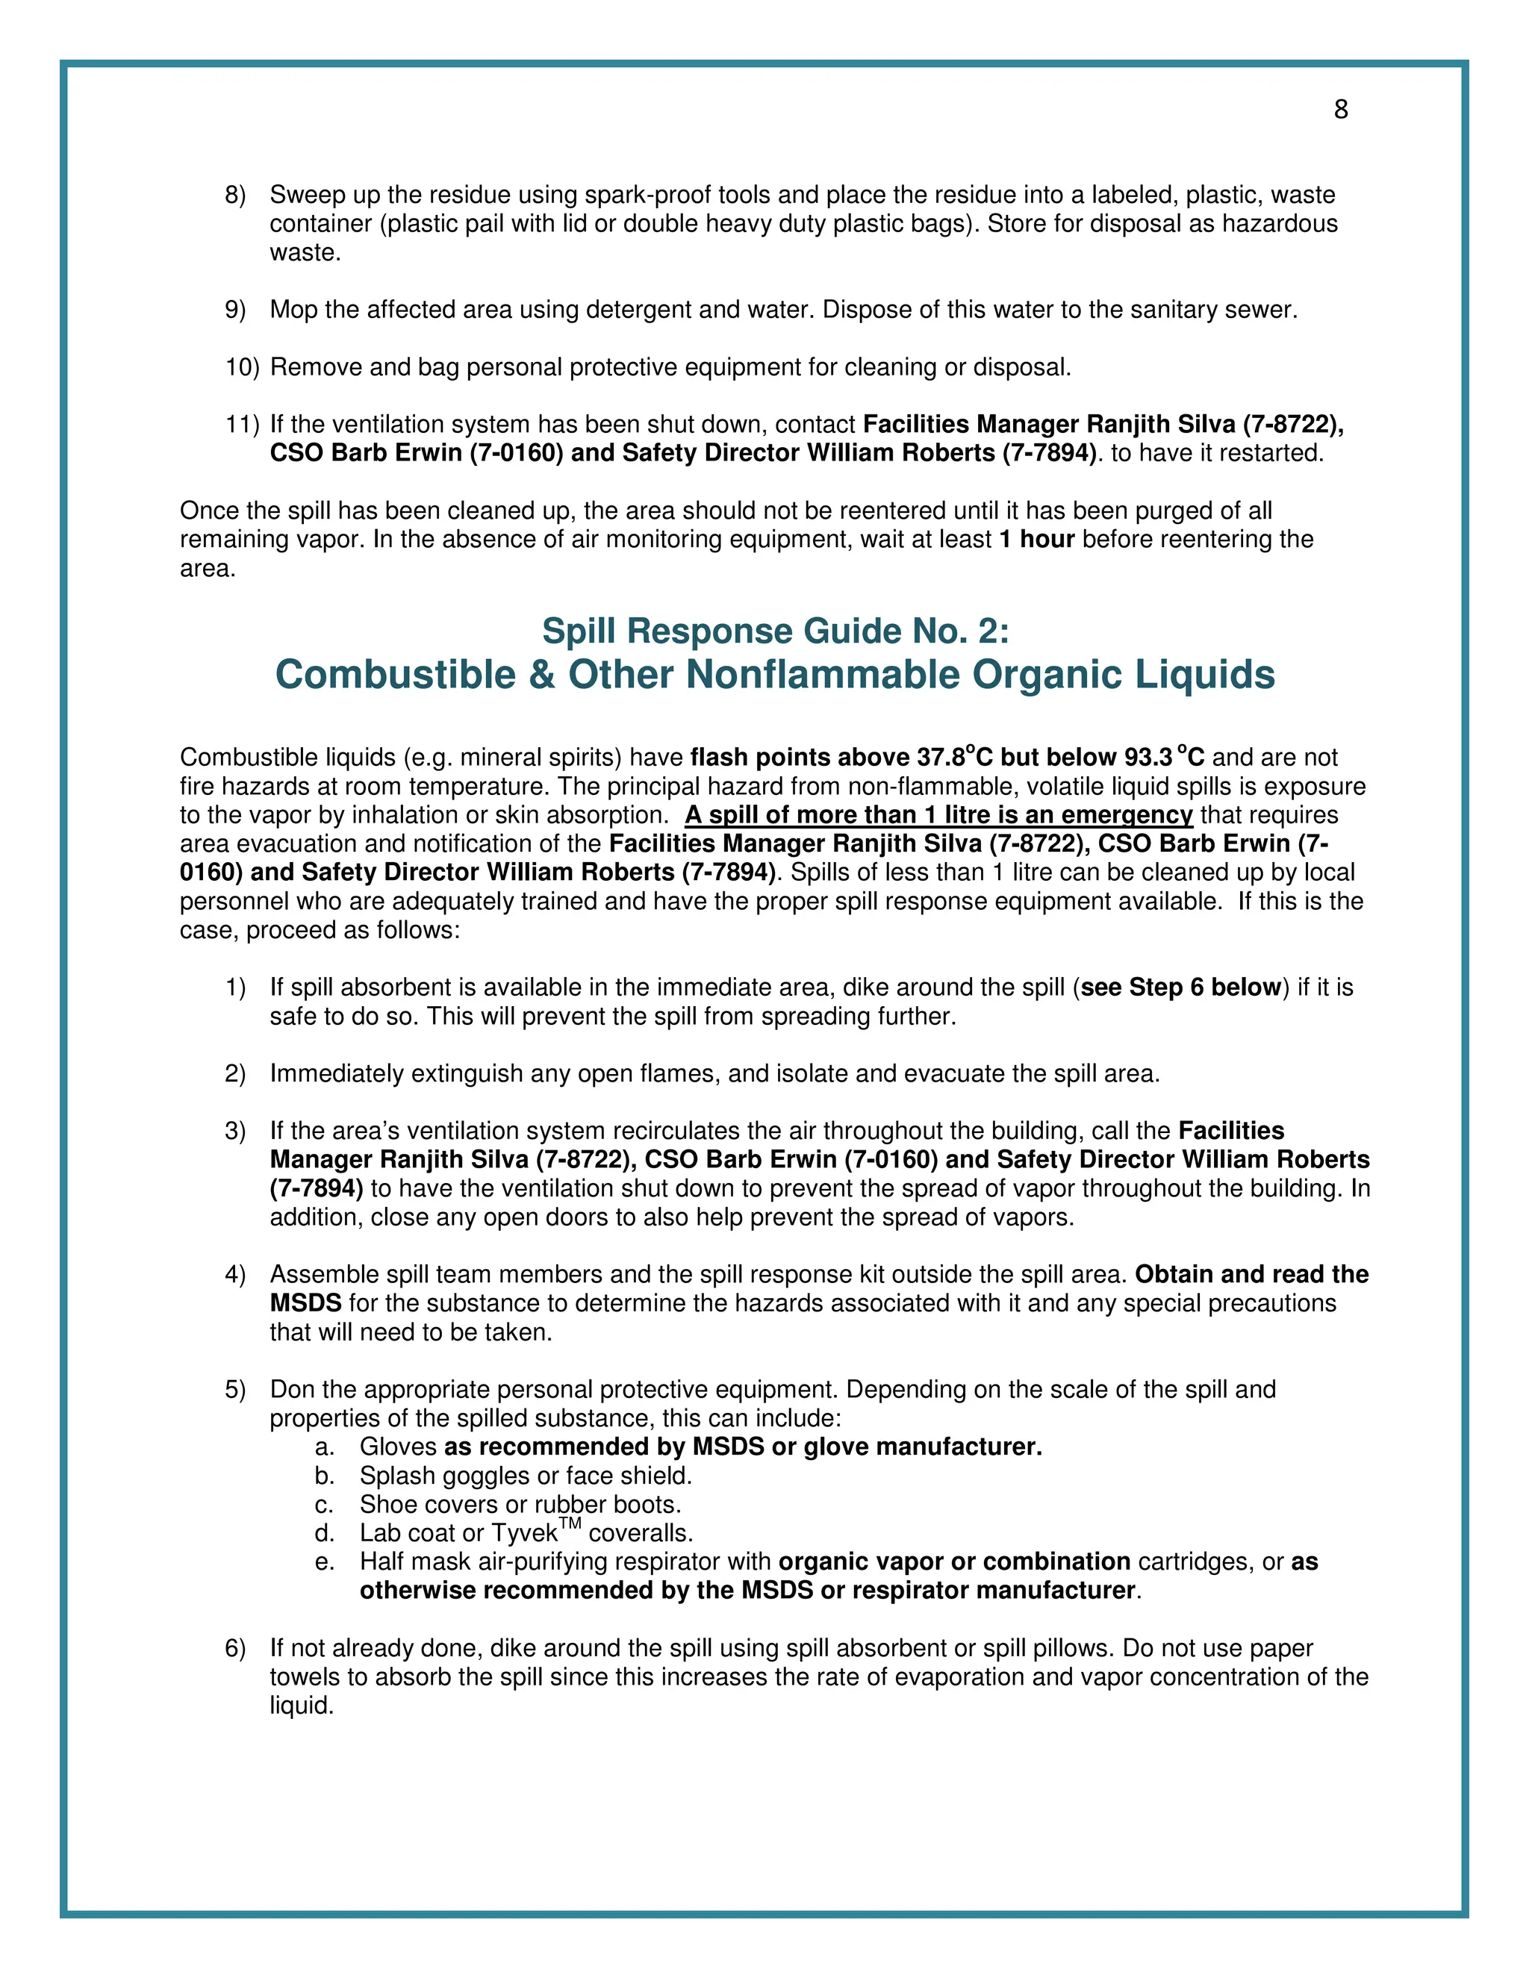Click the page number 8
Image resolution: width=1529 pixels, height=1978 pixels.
click(x=1341, y=110)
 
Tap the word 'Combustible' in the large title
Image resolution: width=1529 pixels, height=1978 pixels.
click(x=395, y=676)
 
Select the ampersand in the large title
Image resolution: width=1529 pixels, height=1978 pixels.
click(x=542, y=676)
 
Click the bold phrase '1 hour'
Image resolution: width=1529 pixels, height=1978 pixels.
click(x=1036, y=540)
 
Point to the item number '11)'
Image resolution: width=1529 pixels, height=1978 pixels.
click(x=242, y=425)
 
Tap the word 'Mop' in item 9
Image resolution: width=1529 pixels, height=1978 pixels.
click(x=293, y=310)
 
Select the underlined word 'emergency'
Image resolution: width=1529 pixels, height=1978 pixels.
click(x=1126, y=815)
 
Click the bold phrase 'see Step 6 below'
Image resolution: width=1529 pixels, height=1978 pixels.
click(x=1180, y=988)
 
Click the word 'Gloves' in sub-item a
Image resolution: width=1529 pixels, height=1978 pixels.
click(x=398, y=1447)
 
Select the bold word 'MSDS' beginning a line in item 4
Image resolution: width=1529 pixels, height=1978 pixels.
click(x=305, y=1303)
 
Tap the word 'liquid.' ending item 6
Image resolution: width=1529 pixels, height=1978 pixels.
click(x=302, y=1706)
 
